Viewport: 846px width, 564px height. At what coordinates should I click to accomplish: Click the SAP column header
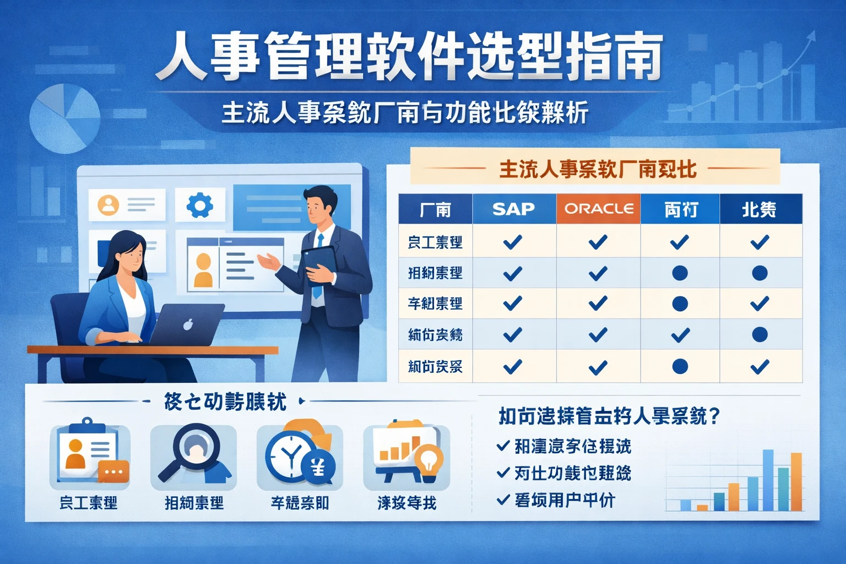[x=513, y=209]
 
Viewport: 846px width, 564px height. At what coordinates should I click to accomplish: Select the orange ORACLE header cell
[x=598, y=209]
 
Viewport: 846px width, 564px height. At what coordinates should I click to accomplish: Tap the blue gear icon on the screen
[x=199, y=205]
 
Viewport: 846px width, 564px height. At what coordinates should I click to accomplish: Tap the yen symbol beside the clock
[x=318, y=468]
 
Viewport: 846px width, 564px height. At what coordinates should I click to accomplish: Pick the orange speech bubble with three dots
[x=113, y=472]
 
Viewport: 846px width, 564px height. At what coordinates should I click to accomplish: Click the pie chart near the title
[x=64, y=118]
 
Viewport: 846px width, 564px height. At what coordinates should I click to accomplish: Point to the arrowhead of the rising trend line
[x=811, y=36]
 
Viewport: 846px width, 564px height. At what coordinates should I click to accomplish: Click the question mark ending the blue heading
[x=715, y=416]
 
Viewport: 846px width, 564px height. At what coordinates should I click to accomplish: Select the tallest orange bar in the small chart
[x=796, y=481]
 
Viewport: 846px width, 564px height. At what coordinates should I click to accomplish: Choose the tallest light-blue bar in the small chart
[x=767, y=480]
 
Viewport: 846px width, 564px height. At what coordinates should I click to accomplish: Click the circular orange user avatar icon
[x=109, y=205]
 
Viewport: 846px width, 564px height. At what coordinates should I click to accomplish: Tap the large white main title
[x=409, y=57]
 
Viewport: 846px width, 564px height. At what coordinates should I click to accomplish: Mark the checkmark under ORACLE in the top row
[x=598, y=242]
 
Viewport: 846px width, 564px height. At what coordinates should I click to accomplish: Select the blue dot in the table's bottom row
[x=680, y=366]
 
